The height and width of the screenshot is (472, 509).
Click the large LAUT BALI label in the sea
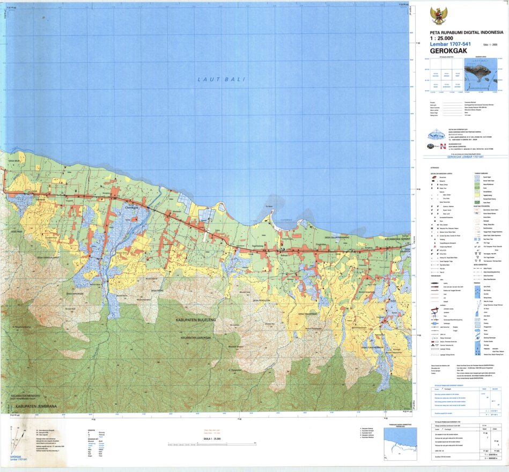click(x=221, y=79)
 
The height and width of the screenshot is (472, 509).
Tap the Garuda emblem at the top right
click(x=439, y=16)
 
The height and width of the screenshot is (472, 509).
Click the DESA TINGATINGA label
click(x=308, y=314)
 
